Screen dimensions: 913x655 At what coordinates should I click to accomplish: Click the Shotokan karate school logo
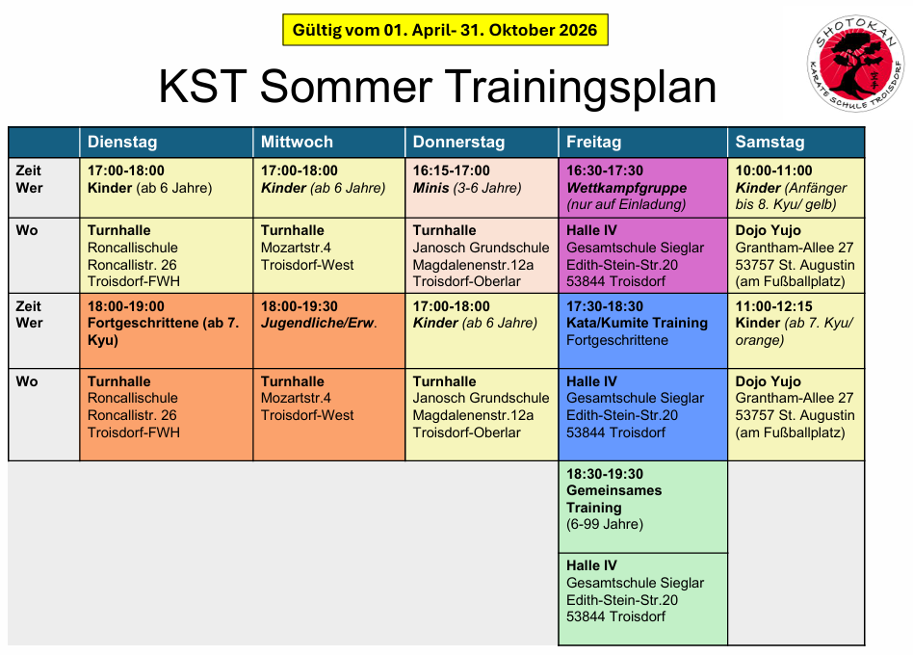[855, 63]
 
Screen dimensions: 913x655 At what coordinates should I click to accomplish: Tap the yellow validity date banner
[445, 30]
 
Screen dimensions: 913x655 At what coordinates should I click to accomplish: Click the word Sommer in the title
[346, 86]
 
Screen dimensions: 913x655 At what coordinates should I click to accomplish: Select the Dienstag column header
[122, 142]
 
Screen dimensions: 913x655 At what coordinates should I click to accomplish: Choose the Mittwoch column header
[297, 142]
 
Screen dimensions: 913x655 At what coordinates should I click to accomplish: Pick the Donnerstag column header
[458, 142]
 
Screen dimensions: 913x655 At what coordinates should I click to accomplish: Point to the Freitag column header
[594, 142]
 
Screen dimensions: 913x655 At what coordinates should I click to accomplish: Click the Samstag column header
[770, 142]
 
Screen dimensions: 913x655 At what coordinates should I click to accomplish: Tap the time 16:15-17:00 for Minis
[452, 170]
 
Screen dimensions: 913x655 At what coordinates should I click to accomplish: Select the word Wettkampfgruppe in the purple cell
[627, 188]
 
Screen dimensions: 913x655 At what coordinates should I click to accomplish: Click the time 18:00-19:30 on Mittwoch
[300, 306]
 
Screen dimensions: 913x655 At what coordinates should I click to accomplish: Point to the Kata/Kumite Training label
[637, 323]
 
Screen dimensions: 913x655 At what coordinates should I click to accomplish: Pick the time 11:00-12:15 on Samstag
[774, 306]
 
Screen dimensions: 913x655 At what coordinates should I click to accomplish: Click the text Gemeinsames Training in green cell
[614, 499]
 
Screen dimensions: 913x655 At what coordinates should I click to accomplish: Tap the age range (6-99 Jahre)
[605, 525]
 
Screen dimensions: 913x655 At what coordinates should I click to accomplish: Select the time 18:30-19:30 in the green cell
[605, 474]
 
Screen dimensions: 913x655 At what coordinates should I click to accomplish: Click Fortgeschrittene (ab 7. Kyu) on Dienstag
[164, 331]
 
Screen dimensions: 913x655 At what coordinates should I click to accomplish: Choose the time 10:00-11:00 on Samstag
[774, 170]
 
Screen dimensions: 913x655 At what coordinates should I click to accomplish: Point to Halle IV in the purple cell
[591, 230]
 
